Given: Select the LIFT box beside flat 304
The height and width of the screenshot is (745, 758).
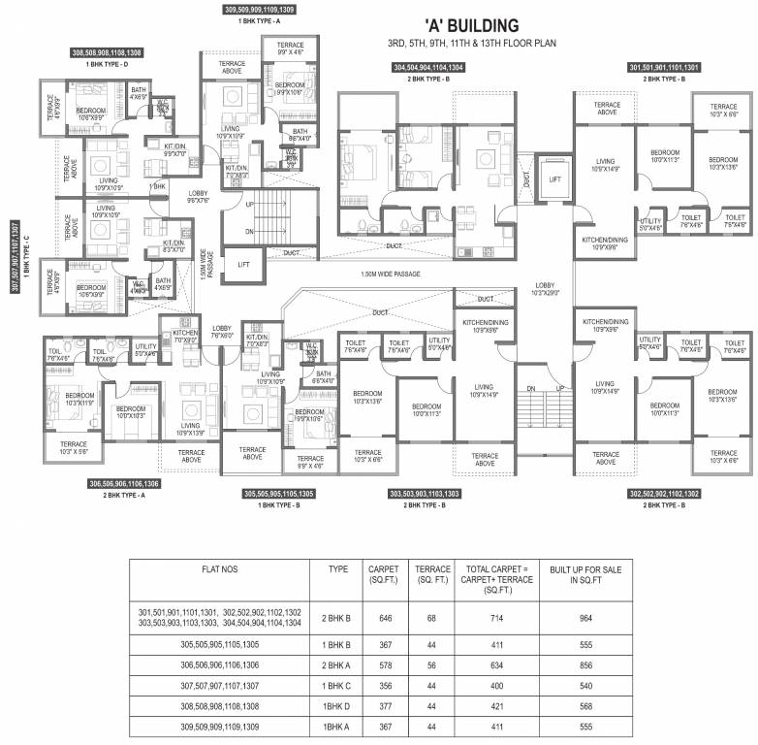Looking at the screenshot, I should coord(553,179).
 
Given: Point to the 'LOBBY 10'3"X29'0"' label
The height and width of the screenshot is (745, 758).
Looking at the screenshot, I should coord(544,289).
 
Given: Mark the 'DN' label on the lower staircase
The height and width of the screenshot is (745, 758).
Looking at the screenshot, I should coord(529,388).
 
